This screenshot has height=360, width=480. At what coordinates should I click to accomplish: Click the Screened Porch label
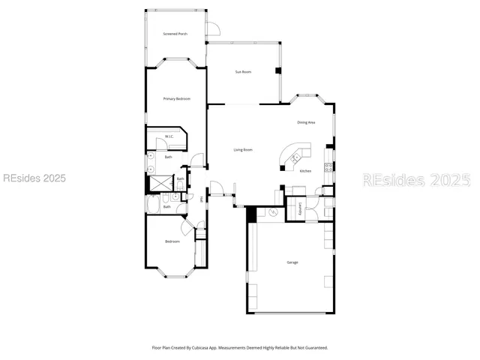click(175, 34)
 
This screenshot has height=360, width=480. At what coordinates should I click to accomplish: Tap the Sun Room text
click(243, 72)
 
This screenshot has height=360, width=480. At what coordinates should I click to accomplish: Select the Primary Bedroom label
click(177, 99)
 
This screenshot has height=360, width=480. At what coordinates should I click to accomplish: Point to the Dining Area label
click(306, 122)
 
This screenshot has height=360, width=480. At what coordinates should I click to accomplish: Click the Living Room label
click(242, 150)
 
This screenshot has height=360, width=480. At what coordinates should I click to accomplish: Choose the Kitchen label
click(305, 171)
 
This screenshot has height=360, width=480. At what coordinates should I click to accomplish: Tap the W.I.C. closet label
click(169, 136)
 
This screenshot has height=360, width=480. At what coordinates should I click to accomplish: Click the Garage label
click(292, 262)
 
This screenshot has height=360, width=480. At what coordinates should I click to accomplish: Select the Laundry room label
click(300, 211)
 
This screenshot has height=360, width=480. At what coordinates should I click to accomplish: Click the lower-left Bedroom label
click(172, 241)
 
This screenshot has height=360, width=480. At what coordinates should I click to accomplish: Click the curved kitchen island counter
click(293, 153)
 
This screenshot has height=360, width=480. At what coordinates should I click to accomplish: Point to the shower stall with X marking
click(160, 183)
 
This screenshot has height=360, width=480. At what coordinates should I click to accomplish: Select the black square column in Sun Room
click(278, 71)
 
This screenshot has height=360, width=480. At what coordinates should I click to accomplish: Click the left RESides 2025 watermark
click(34, 178)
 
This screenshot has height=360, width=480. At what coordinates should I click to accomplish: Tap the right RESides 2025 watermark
click(416, 180)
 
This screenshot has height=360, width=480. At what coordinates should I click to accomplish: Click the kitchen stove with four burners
click(328, 167)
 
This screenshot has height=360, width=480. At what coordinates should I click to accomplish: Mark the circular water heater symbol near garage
click(273, 214)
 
